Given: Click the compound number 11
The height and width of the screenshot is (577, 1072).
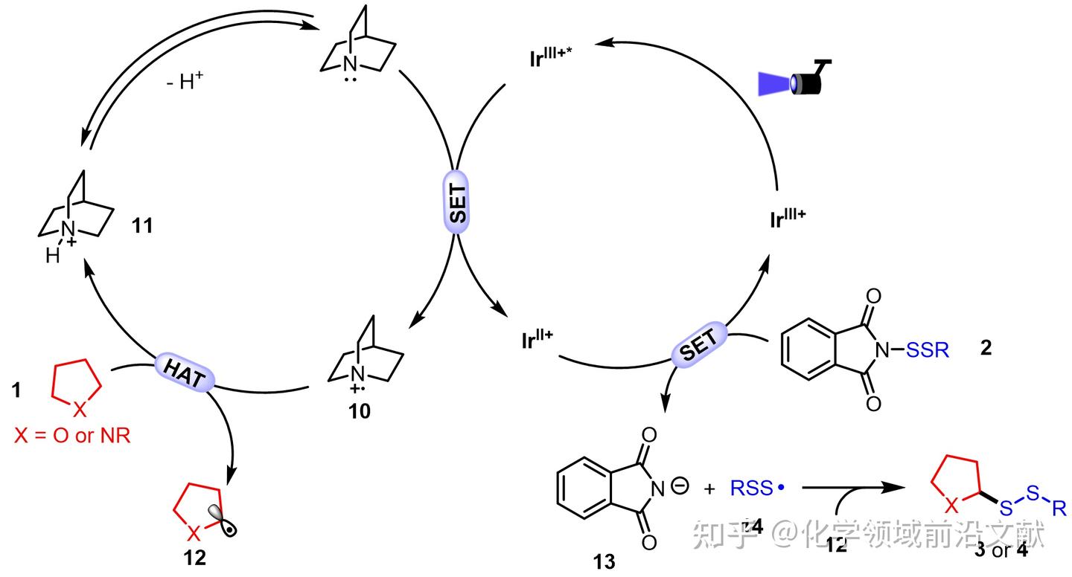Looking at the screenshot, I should (142, 225).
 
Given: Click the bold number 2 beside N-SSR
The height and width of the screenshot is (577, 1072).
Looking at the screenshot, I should (986, 347).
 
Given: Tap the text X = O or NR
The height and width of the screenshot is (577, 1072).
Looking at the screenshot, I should (72, 436).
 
